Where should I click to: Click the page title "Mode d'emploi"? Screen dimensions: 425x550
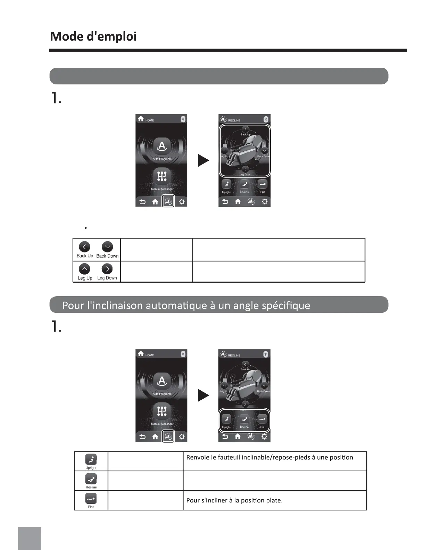93,36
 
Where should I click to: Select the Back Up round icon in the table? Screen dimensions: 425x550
84,247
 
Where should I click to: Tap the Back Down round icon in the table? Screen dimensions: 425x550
107,247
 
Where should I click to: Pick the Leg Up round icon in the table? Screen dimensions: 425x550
84,269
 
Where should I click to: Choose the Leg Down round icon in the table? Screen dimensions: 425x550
107,269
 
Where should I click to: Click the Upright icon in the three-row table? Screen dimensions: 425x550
91,459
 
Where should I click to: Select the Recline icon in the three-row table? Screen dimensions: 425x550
91,479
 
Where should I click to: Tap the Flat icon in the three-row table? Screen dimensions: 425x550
91,499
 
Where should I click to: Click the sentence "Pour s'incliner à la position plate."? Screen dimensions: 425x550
234,500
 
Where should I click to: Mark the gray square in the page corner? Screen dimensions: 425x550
30,538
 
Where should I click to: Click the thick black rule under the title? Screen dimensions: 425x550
228,50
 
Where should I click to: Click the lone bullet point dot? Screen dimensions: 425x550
85,228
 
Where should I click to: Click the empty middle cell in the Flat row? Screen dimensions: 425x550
145,500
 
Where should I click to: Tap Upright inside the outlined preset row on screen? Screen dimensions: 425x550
226,420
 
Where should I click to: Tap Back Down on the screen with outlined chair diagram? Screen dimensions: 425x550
265,151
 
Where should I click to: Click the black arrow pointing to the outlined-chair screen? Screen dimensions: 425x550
203,160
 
